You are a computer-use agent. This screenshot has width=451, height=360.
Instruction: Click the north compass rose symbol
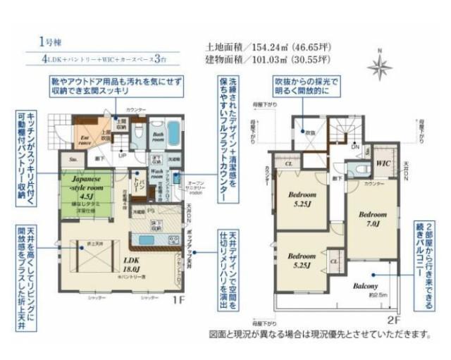click(380, 67)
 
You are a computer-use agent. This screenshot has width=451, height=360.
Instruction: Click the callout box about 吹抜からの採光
click(306, 89)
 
